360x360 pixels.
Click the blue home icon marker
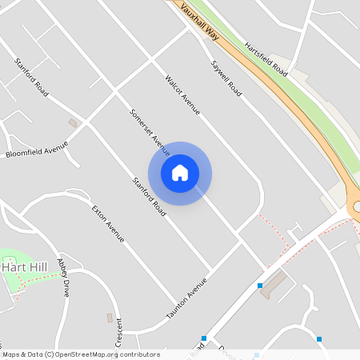pyautogui.click(x=180, y=173)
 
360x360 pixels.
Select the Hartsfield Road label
pyautogui.click(x=266, y=58)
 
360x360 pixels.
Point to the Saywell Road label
pyautogui.click(x=226, y=79)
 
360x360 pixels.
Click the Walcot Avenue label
pyautogui.click(x=182, y=94)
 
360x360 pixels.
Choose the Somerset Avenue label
pyautogui.click(x=150, y=131)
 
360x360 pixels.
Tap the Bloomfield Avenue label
pyautogui.click(x=37, y=148)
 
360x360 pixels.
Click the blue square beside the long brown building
pyautogui.click(x=260, y=286)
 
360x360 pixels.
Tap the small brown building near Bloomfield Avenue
pyautogui.click(x=73, y=123)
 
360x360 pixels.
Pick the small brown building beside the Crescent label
pyautogui.click(x=110, y=318)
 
